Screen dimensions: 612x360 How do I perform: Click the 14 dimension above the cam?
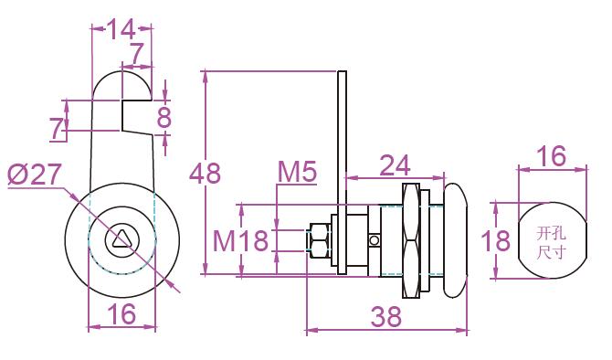[121, 29]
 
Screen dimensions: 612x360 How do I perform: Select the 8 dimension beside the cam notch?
[164, 117]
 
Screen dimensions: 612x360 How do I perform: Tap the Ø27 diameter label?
[35, 175]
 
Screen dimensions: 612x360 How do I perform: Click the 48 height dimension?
[205, 173]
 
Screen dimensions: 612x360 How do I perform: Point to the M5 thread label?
[297, 172]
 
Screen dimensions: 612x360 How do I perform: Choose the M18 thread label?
[241, 240]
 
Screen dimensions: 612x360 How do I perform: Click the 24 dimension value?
[395, 165]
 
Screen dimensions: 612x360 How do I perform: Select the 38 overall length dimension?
[386, 316]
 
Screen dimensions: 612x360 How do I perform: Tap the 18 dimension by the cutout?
[495, 240]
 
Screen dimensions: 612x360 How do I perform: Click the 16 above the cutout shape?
[552, 156]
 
